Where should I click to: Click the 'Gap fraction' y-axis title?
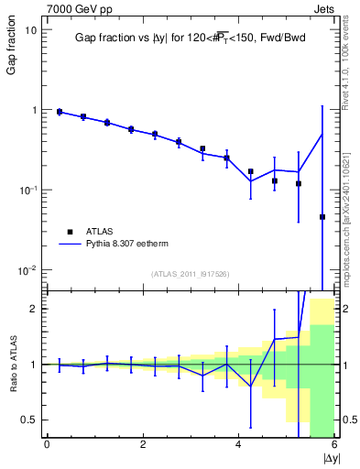point(12,47)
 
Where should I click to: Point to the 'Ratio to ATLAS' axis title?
point(12,364)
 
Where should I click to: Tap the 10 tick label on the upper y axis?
point(30,29)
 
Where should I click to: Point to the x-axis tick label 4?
point(238,445)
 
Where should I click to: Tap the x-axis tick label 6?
point(334,445)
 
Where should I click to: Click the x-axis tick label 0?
point(47,445)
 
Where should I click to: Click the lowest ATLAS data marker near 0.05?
point(322,217)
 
